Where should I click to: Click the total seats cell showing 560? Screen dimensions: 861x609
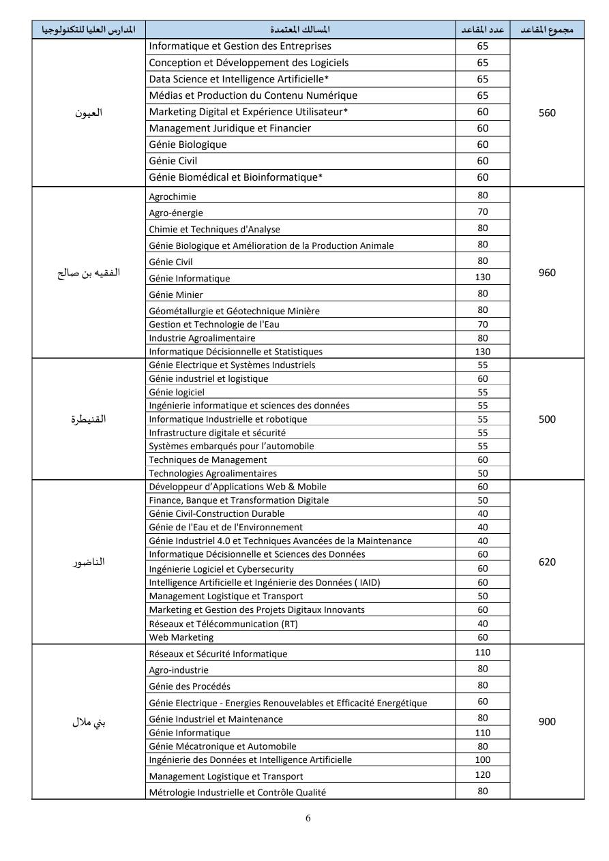[x=547, y=112]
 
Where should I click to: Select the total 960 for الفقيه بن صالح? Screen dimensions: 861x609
[x=547, y=273]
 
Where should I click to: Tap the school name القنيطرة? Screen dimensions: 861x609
[x=89, y=419]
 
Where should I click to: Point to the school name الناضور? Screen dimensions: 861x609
[x=89, y=562]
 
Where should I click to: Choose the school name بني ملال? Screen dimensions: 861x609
[x=89, y=722]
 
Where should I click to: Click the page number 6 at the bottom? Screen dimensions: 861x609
[x=308, y=818]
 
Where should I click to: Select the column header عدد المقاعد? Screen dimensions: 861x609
[x=483, y=30]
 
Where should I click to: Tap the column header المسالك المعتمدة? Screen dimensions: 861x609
[x=300, y=30]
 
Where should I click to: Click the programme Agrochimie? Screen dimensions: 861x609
[x=172, y=197]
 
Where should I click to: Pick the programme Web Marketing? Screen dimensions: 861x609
[x=181, y=637]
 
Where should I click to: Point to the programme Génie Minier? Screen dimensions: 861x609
[x=176, y=295]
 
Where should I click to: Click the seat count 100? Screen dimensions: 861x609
[x=483, y=759]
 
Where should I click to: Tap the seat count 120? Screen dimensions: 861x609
[x=483, y=775]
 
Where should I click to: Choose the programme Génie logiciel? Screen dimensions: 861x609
[x=177, y=392]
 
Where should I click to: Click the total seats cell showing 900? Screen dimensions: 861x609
[x=547, y=722]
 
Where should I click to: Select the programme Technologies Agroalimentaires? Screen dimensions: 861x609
[x=213, y=473]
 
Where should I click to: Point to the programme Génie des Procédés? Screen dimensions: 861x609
[x=185, y=686]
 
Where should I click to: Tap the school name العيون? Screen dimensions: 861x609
[x=89, y=112]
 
